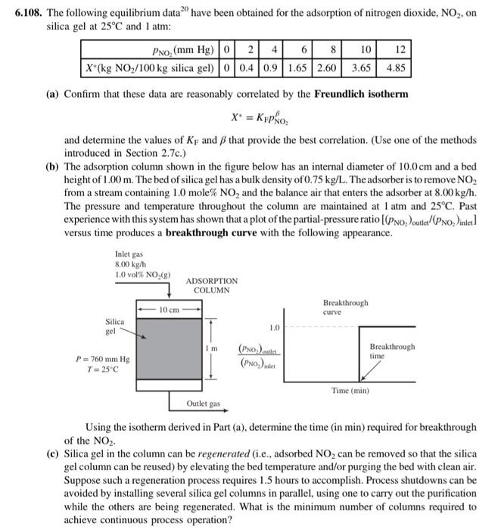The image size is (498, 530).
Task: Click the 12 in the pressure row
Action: [x=400, y=50]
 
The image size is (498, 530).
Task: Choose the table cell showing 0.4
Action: [x=246, y=66]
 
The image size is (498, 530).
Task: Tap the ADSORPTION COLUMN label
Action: [x=215, y=285]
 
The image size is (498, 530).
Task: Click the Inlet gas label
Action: [x=129, y=255]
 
